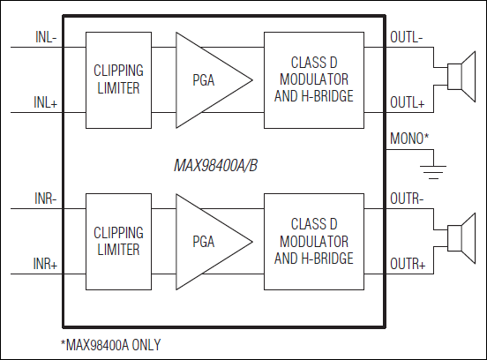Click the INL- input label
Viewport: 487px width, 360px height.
[x=46, y=38]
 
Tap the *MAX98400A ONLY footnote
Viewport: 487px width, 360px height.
[x=110, y=344]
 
